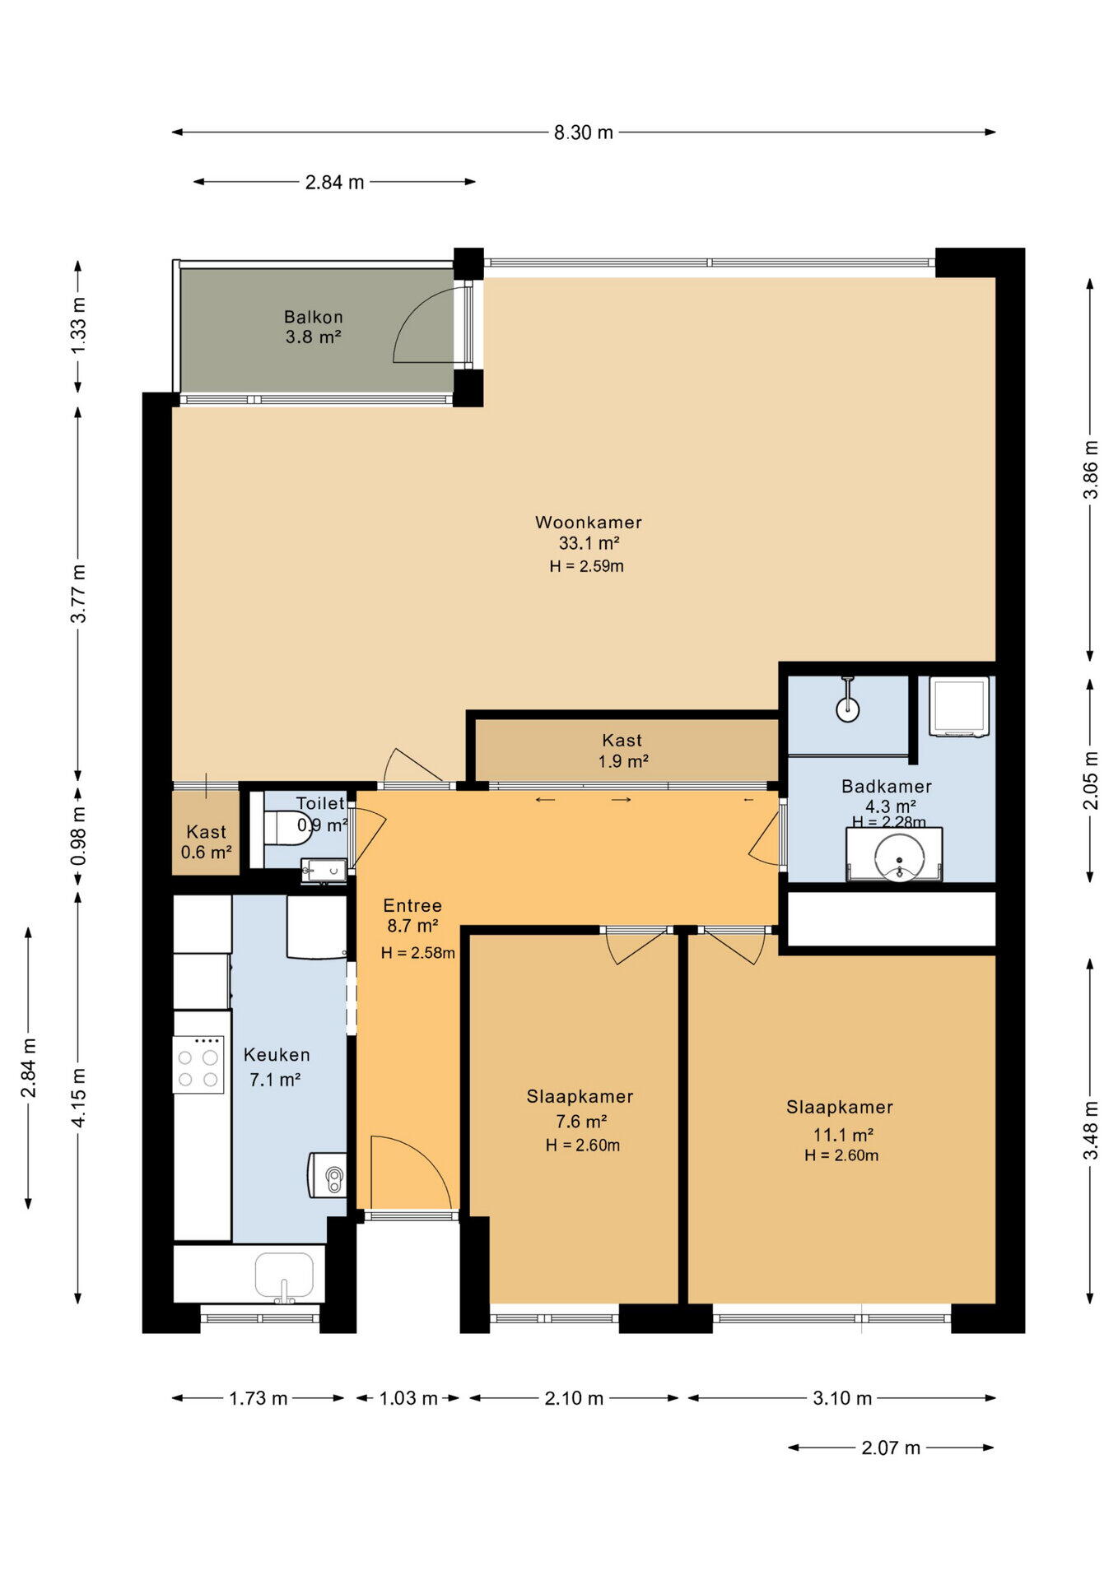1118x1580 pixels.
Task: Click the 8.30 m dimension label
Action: pyautogui.click(x=583, y=132)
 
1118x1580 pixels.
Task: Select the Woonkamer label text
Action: pyautogui.click(x=588, y=522)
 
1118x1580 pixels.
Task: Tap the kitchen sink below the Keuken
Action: pyautogui.click(x=284, y=1276)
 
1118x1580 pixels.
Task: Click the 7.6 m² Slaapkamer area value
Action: pyautogui.click(x=581, y=1121)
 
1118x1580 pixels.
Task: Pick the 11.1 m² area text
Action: pyautogui.click(x=843, y=1135)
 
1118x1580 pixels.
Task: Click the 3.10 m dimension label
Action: pyautogui.click(x=842, y=1398)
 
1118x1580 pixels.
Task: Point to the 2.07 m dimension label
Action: pyautogui.click(x=891, y=1448)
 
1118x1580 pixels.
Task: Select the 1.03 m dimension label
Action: pyautogui.click(x=408, y=1398)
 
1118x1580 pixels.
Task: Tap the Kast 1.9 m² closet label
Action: pyautogui.click(x=623, y=750)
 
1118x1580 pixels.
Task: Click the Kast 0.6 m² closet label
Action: pyautogui.click(x=206, y=842)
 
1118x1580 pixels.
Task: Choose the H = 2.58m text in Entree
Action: pyautogui.click(x=417, y=953)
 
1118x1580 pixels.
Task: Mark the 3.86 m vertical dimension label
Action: pyautogui.click(x=1091, y=469)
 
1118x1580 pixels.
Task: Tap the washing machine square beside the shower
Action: pyautogui.click(x=959, y=707)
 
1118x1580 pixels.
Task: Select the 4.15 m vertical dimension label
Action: pyautogui.click(x=78, y=1098)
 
